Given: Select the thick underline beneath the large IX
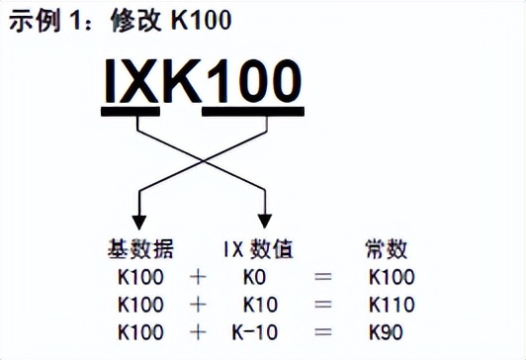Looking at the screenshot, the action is pos(131,112).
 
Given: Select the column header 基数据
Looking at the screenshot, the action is pos(137,248).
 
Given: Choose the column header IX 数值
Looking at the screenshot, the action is pos(259,248).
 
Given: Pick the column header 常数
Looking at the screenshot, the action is pos(387,248).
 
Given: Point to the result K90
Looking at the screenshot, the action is pos(385,329).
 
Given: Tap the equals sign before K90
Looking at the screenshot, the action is pos(322,329).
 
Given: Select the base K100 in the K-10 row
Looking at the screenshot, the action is pos(140,329).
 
